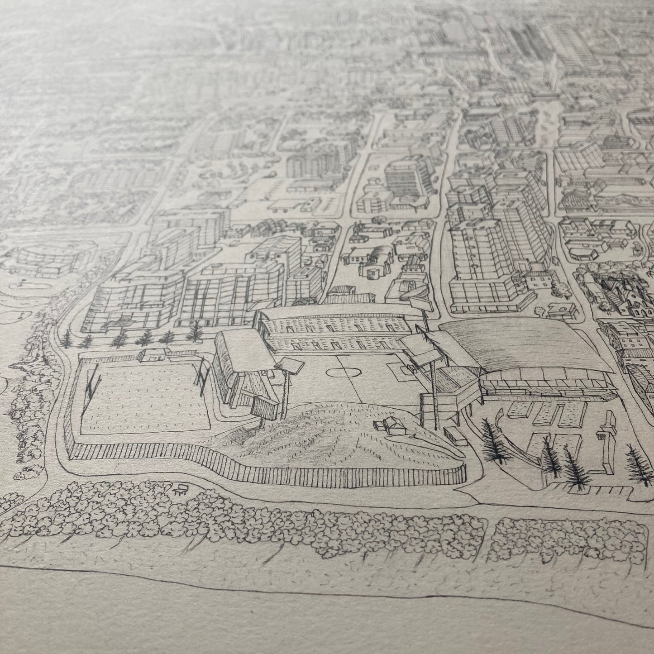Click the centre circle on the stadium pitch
[342, 373]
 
